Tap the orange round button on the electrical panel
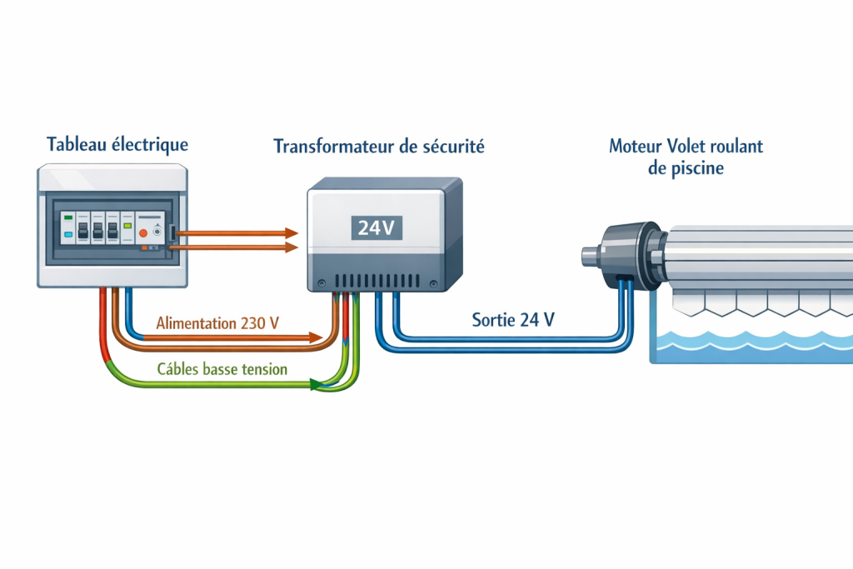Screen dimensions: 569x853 tap(142, 232)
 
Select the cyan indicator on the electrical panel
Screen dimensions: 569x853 tap(68, 235)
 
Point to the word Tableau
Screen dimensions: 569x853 tap(76, 144)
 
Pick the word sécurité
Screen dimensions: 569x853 tap(453, 147)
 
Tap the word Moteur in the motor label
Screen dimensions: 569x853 tap(636, 147)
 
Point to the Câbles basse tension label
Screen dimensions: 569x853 tap(222, 369)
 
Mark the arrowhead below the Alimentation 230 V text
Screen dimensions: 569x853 tap(316, 338)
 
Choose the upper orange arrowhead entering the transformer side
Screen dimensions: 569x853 tap(292, 232)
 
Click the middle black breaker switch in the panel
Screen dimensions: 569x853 tap(97, 231)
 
